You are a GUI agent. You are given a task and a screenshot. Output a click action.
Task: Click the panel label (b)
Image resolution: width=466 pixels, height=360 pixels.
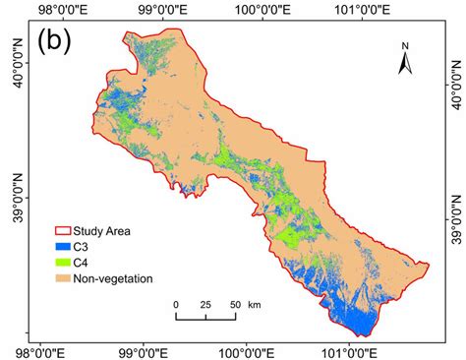55,43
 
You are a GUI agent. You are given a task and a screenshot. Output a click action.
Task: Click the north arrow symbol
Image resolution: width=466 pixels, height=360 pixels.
404,63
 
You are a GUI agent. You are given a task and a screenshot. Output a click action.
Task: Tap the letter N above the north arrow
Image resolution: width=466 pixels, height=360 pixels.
404,45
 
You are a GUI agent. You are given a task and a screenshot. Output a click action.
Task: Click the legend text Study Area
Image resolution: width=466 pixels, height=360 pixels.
111,232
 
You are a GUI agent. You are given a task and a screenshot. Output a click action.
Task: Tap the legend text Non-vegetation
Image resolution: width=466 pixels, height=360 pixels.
118,278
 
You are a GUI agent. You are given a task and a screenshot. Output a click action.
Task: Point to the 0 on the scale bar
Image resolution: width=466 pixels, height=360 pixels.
177,304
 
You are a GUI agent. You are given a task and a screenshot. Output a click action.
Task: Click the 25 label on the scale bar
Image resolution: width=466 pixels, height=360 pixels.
204,304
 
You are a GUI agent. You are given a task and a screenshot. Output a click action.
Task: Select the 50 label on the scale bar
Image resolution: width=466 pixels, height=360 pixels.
233,304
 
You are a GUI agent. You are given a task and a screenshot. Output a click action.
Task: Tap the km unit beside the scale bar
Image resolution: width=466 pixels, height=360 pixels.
255,304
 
